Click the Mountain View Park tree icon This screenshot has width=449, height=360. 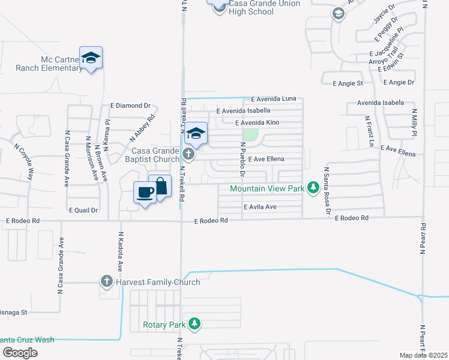[313, 188]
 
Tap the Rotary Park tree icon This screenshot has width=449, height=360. [194, 325]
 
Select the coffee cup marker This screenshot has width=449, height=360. [145, 193]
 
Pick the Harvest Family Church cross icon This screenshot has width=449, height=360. [107, 281]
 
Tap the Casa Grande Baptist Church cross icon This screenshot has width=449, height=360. [188, 155]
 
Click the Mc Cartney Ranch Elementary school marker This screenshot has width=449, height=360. [91, 58]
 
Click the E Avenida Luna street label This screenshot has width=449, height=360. [274, 98]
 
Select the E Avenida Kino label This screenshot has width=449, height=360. [259, 122]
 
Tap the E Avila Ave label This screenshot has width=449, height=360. [259, 207]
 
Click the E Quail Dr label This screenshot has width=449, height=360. [83, 210]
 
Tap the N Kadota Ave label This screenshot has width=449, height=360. [120, 251]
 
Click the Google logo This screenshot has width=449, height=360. [20, 352]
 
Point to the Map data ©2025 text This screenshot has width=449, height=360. [424, 355]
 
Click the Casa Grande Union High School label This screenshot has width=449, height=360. [260, 7]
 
